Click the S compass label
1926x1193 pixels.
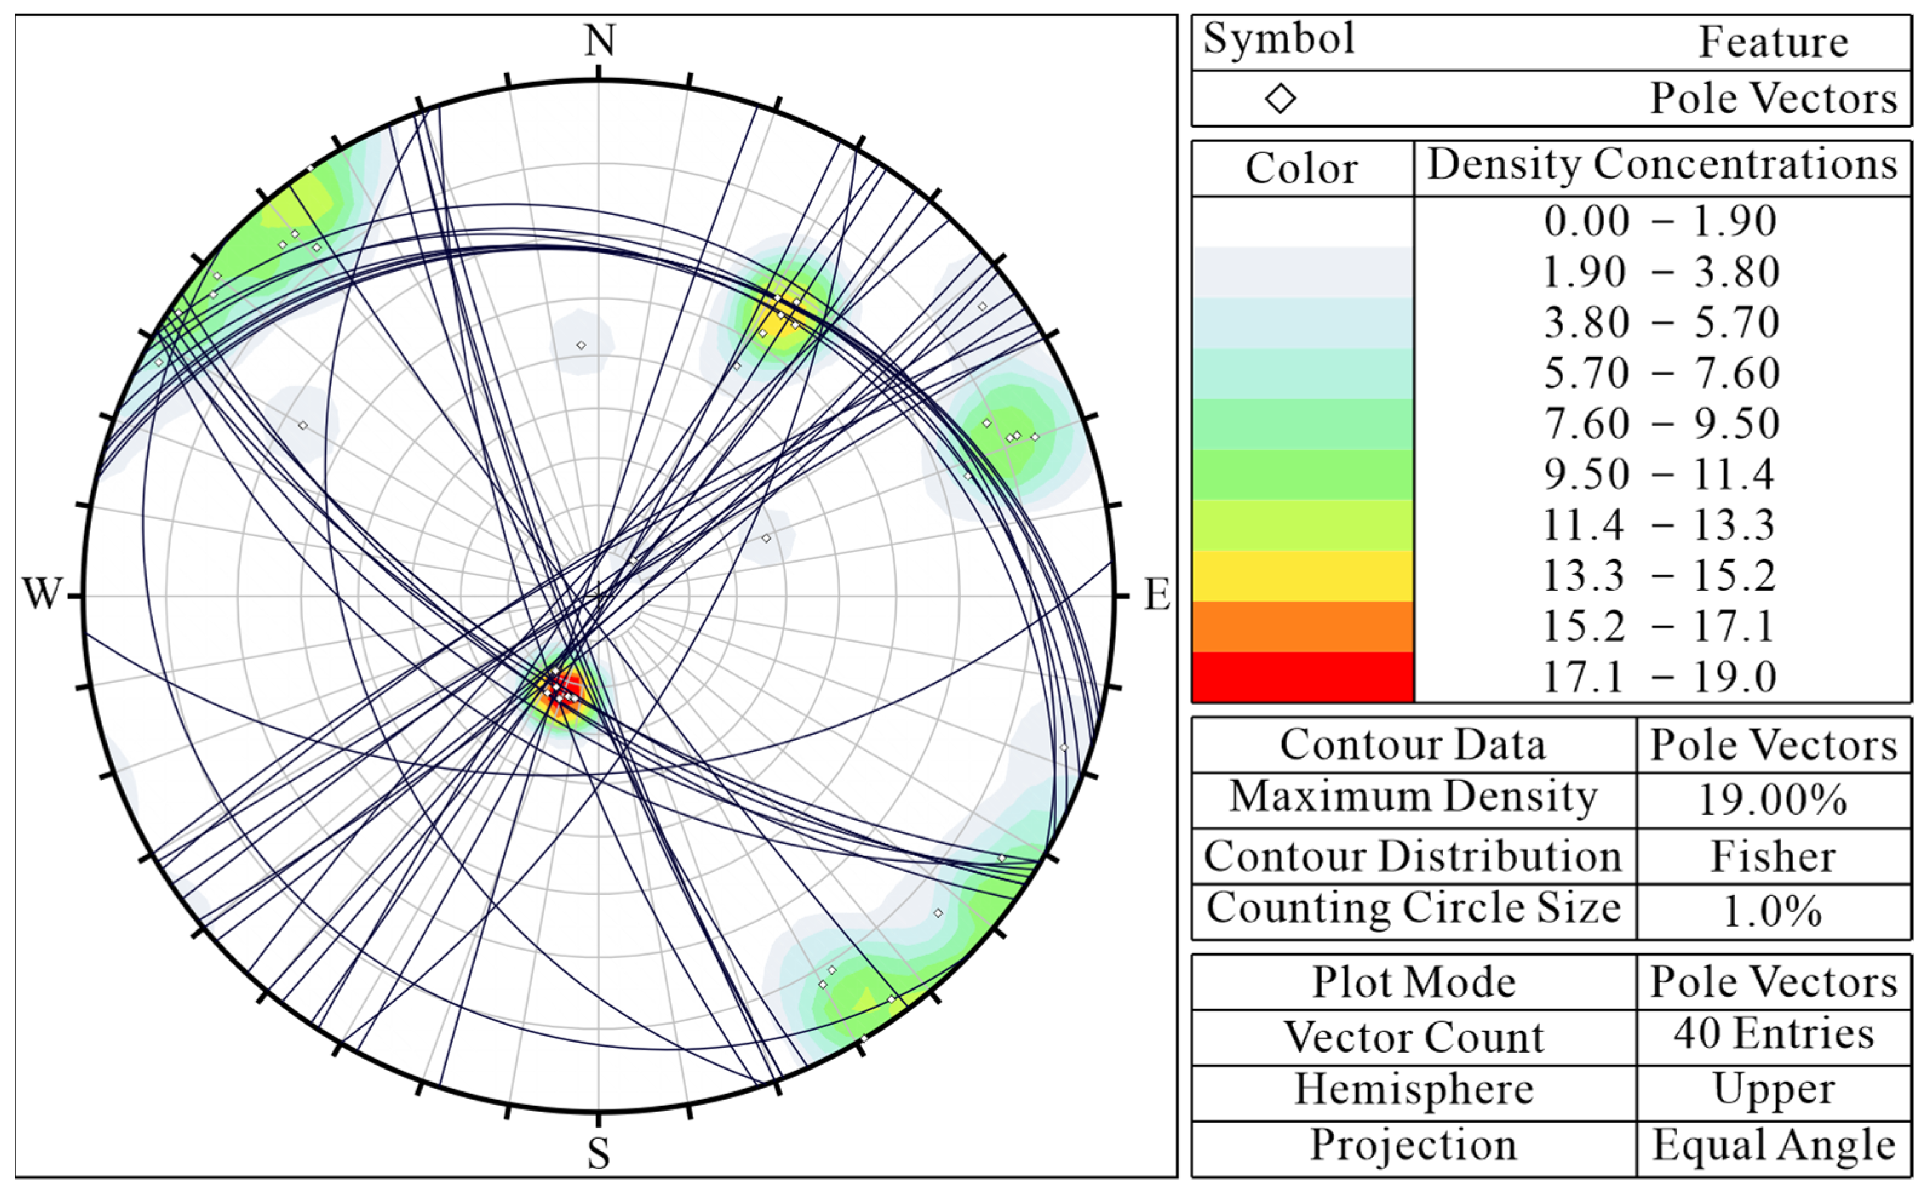coord(598,1154)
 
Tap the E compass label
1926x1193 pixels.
coord(1156,595)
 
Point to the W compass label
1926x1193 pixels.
coord(41,594)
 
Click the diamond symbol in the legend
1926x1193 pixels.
coord(1280,99)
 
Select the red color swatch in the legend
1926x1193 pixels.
coord(1302,676)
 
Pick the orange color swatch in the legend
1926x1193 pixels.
coord(1302,626)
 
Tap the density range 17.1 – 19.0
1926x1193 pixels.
coord(1660,677)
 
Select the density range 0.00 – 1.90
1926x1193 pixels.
coord(1660,221)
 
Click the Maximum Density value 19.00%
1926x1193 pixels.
coord(1772,800)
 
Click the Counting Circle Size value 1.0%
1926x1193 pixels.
coord(1772,912)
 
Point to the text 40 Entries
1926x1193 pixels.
coord(1773,1034)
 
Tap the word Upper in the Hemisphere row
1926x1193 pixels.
coord(1773,1091)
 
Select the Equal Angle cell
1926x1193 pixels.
coord(1773,1146)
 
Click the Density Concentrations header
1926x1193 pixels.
coord(1661,166)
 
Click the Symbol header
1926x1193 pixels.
coord(1279,39)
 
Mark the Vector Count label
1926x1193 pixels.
coord(1413,1037)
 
